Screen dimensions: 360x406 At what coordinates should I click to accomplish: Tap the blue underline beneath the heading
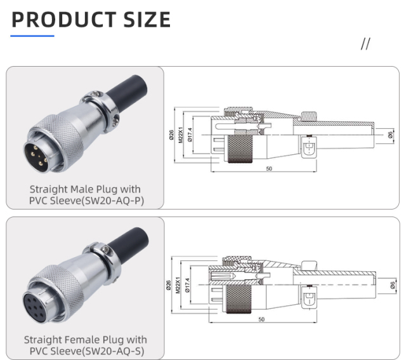point(32,36)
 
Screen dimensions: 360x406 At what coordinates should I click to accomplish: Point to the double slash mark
point(365,44)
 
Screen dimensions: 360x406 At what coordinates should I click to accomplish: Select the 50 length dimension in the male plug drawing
point(269,169)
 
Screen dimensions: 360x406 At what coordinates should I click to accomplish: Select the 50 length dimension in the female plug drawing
point(261,319)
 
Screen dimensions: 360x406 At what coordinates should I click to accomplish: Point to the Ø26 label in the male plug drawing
point(172,135)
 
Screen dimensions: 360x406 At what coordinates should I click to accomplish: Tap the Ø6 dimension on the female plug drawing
point(391,285)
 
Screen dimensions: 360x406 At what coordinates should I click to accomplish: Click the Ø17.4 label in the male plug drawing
point(190,135)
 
